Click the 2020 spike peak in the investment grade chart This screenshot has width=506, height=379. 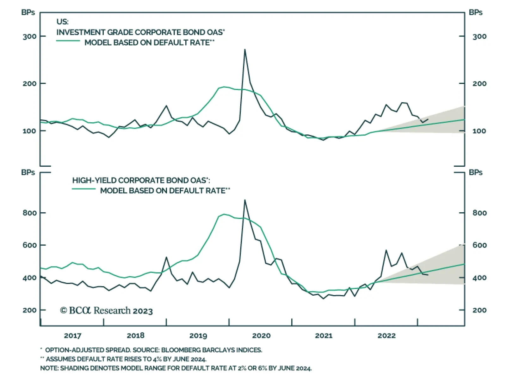245,50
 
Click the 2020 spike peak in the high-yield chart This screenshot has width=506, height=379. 245,200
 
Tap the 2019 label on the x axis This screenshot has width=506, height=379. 198,336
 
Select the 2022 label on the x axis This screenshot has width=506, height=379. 386,336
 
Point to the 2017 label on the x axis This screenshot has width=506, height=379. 72,336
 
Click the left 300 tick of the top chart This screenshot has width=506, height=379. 29,36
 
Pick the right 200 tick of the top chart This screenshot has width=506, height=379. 479,84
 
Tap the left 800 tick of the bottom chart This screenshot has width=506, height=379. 29,213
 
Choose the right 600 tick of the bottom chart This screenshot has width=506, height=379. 479,245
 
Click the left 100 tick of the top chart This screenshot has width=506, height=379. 29,131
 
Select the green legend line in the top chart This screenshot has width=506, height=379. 68,41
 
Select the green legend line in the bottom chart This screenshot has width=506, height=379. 84,189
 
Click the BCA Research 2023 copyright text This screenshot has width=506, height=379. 106,311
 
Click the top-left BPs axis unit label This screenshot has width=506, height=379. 28,13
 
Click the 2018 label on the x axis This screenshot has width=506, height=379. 135,336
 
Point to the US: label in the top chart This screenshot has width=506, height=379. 62,22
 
